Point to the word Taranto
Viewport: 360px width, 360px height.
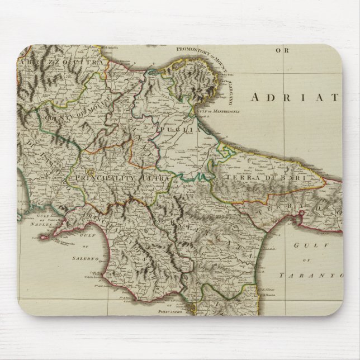pos(316,274)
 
